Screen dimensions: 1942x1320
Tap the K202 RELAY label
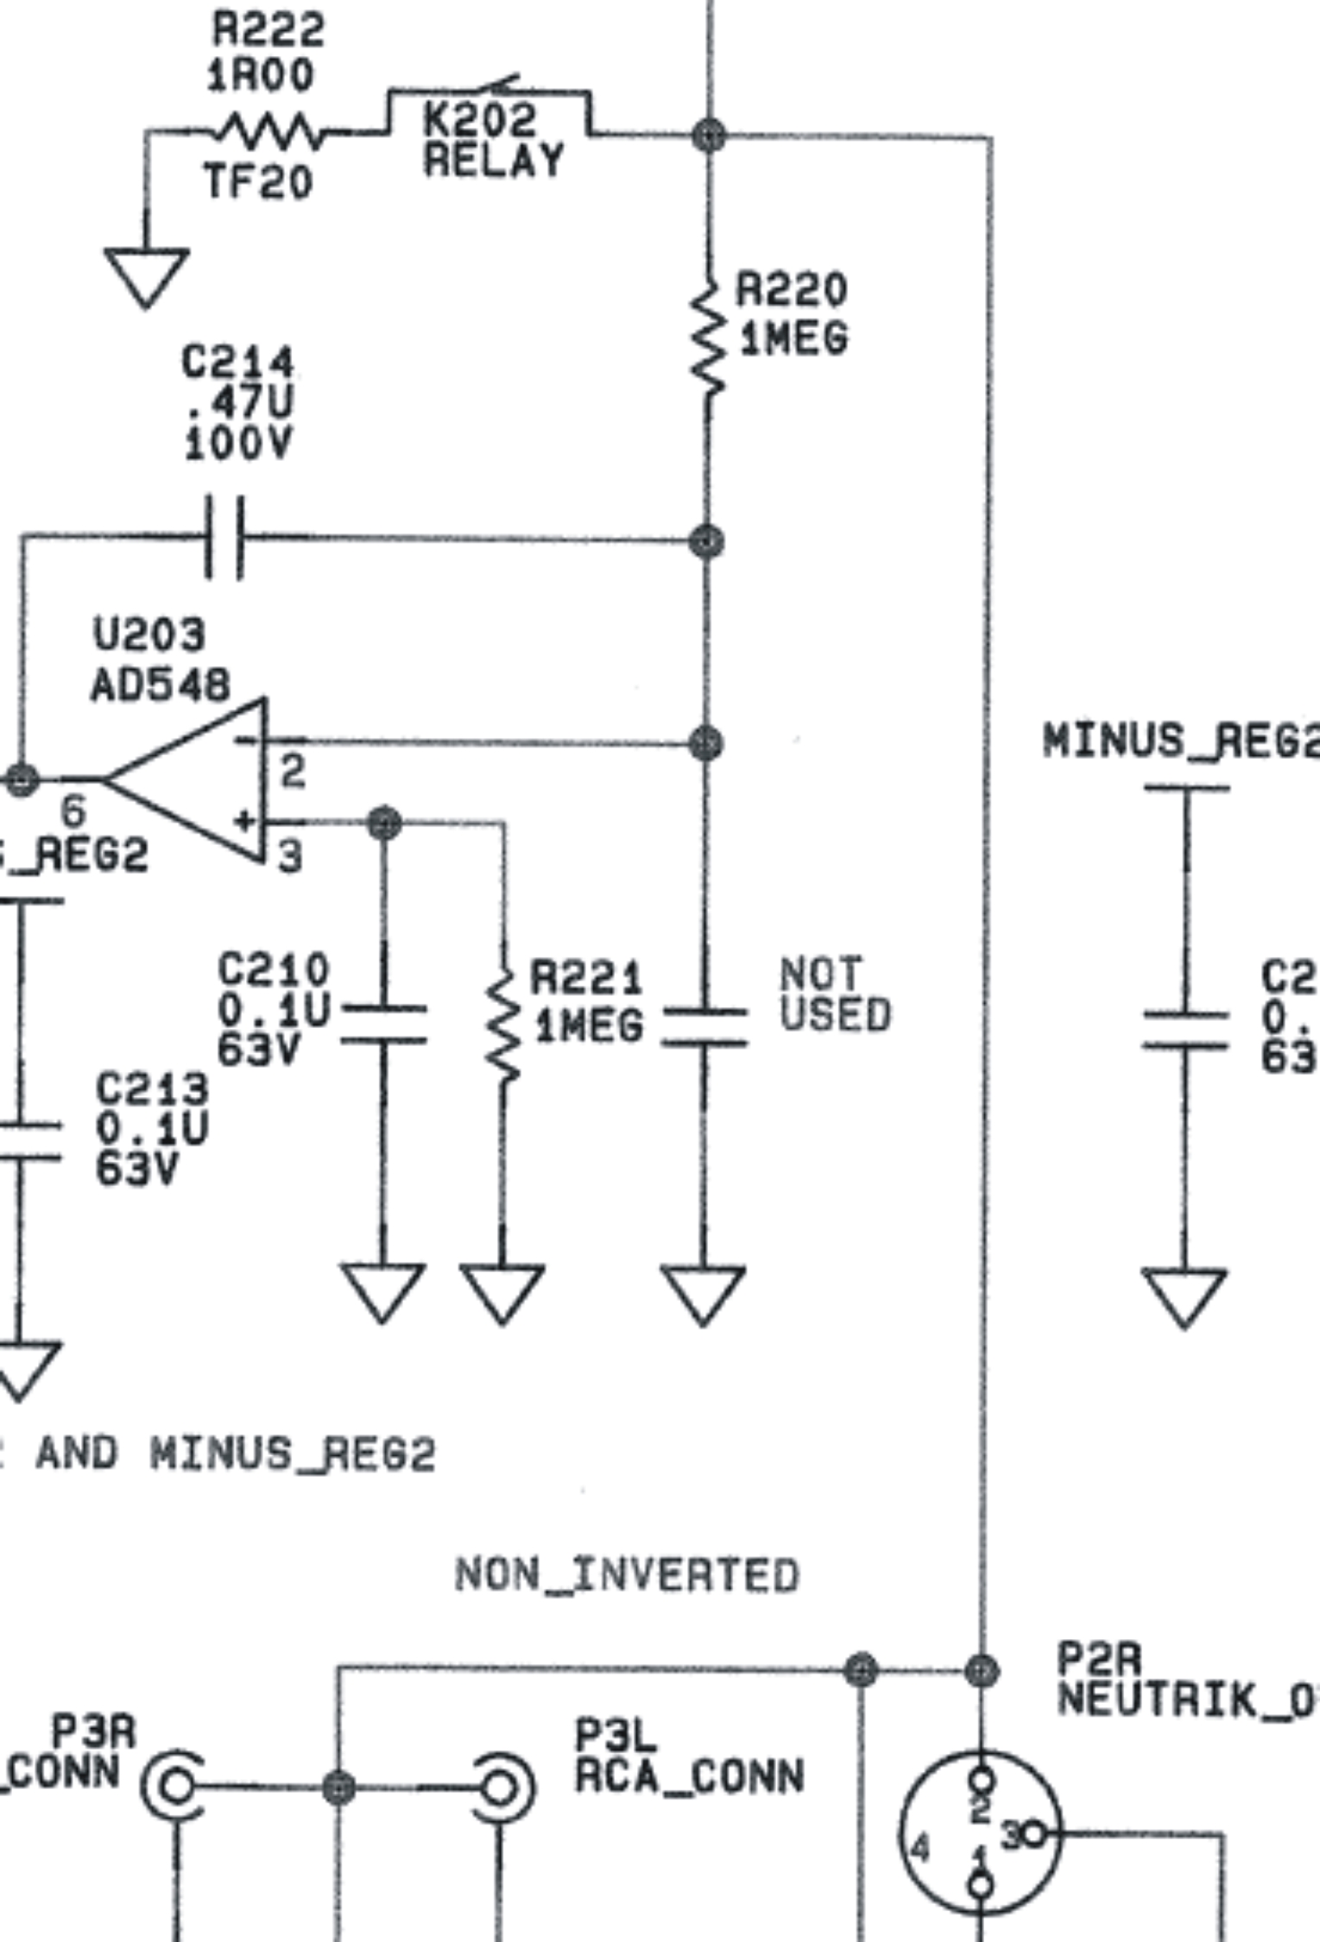pos(492,140)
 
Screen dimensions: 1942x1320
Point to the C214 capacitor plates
pos(224,537)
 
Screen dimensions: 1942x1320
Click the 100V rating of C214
pos(238,444)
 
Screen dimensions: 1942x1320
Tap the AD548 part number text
pos(161,686)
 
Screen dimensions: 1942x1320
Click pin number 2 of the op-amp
pos(293,771)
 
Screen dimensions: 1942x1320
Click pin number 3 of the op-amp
pos(290,856)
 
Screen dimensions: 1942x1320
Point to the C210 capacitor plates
pos(383,1024)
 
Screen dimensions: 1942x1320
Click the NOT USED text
pos(834,994)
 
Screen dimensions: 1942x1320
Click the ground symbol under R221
pos(502,1291)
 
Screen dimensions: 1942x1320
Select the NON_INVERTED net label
pos(627,1574)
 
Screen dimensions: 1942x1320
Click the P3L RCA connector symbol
pos(502,1787)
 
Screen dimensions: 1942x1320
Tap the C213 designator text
pos(152,1088)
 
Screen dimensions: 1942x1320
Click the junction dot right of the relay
pos(709,135)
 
